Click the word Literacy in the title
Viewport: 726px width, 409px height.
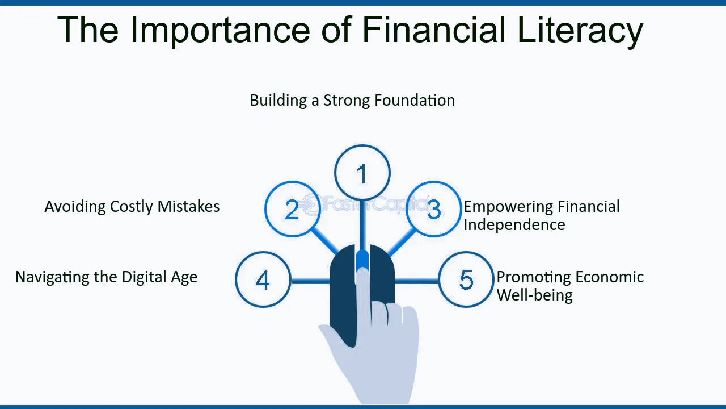pos(580,31)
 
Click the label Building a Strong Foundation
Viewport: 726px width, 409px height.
pos(352,101)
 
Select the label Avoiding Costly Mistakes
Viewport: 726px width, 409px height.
pos(132,207)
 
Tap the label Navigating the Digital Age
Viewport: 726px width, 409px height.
pos(106,278)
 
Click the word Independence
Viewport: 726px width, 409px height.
pos(514,224)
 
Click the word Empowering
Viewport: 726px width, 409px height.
pos(509,207)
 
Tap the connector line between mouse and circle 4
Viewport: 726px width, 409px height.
pos(310,281)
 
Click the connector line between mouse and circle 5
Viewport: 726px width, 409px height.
pos(416,281)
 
